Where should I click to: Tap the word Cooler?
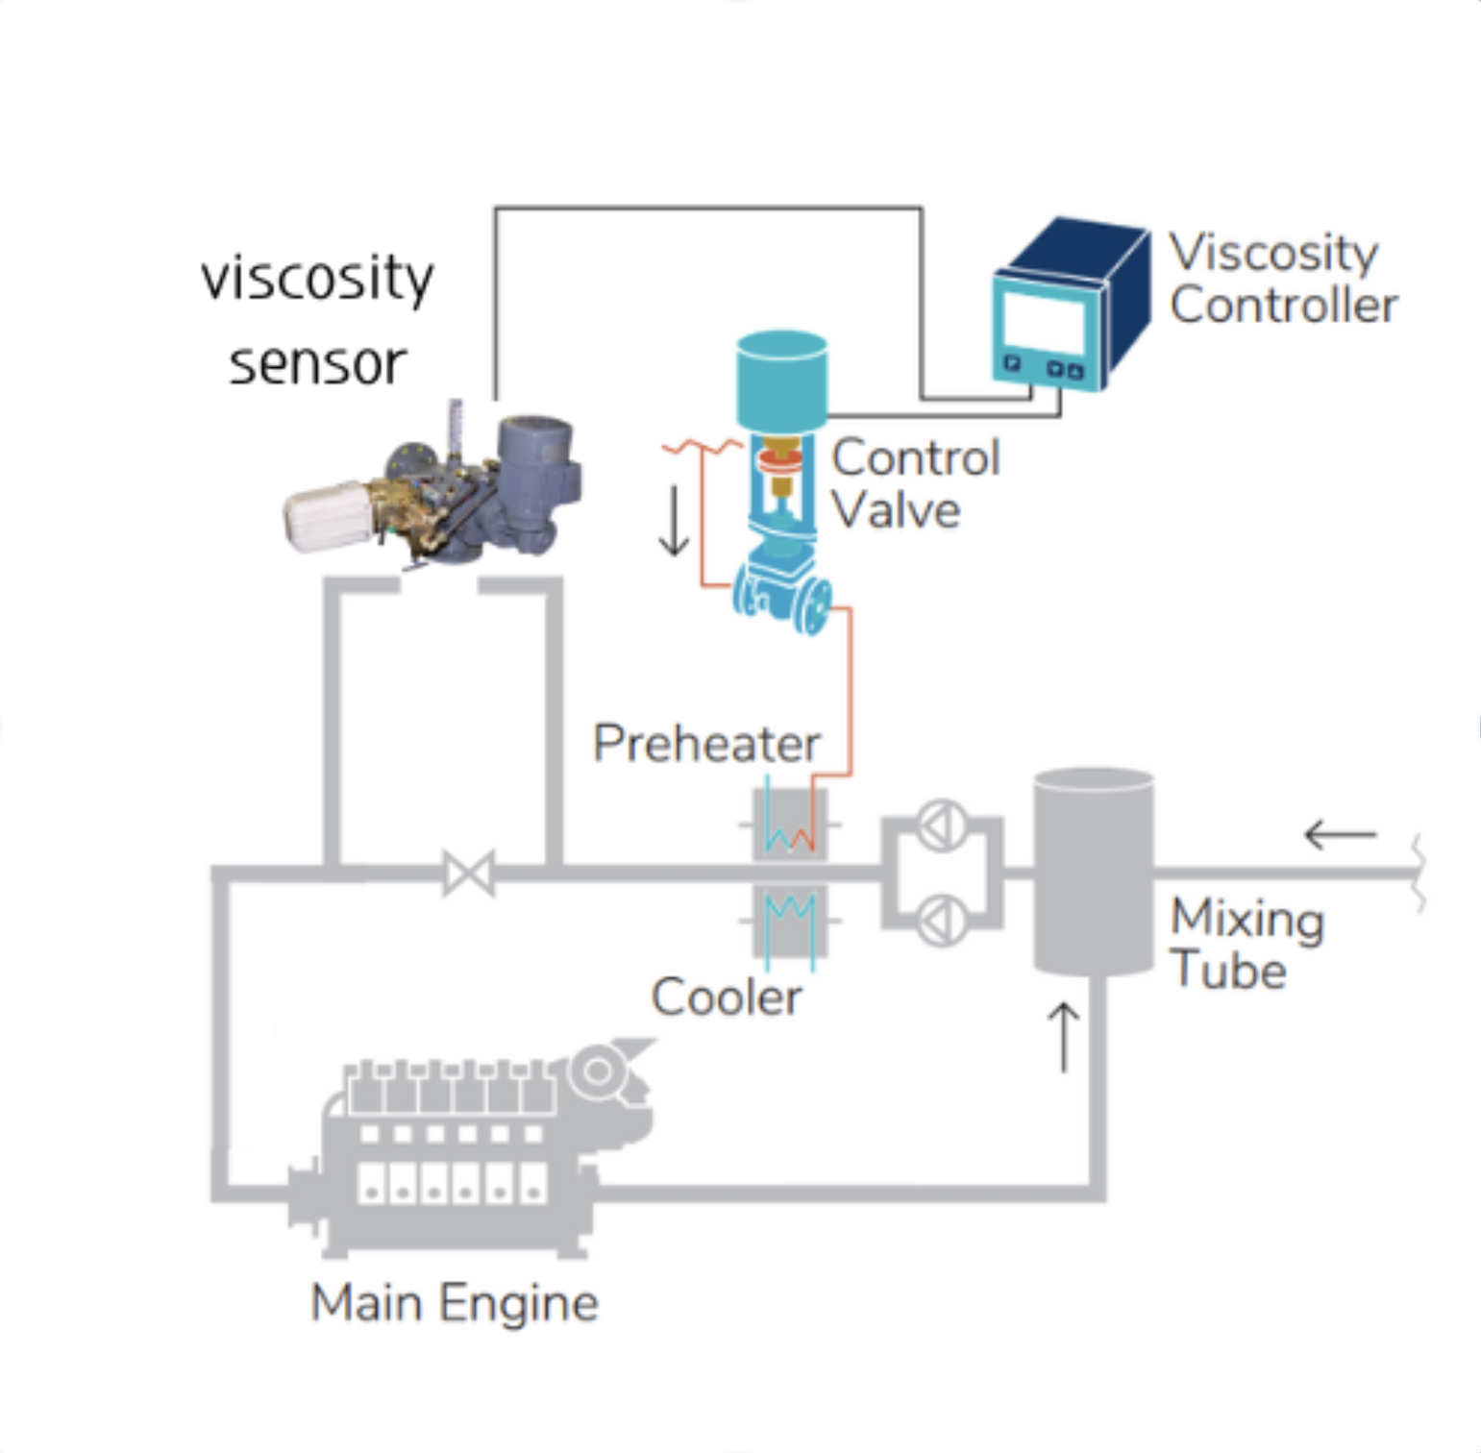726,997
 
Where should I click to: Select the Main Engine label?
454,1303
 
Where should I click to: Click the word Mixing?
1247,919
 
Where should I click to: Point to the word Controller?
1283,306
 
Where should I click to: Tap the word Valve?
896,510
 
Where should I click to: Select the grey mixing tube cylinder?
1093,871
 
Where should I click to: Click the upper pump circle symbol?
942,825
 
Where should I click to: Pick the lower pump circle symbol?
942,921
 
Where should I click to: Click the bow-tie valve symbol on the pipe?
469,874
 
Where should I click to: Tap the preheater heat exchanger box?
789,825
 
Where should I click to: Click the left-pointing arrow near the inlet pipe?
1340,834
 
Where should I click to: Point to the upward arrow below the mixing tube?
1063,1038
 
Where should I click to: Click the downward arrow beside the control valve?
674,521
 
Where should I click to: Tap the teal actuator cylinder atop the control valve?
781,379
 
